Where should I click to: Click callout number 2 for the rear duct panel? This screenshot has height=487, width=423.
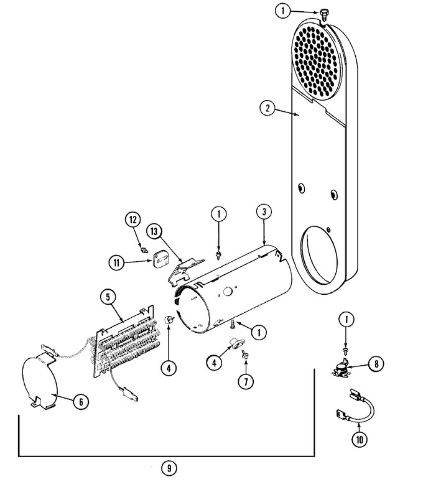pos(266,108)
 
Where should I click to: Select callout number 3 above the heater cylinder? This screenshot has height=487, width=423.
pos(264,211)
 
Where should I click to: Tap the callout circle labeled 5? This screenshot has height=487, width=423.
pos(108,297)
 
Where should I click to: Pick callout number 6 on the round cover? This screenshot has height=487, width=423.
pos(80,402)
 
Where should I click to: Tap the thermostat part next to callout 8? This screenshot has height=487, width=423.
pos(341,369)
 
